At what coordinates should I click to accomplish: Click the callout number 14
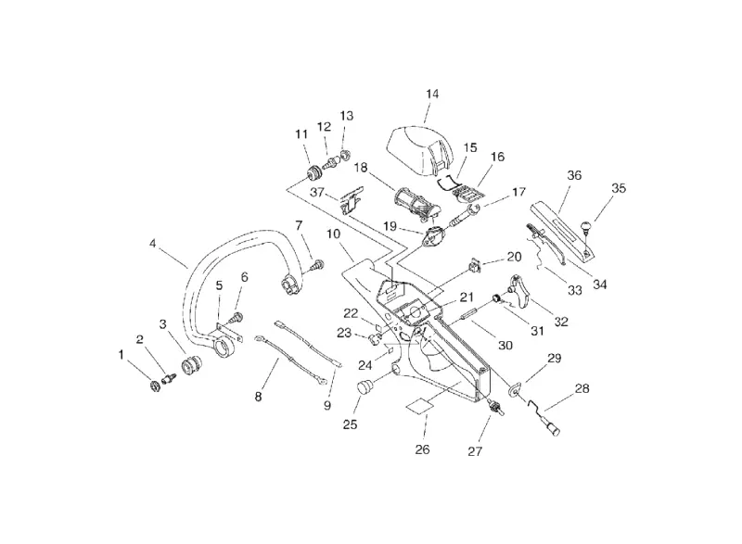[432, 94]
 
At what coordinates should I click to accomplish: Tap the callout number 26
[422, 449]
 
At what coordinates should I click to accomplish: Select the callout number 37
[317, 193]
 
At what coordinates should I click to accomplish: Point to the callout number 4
[152, 244]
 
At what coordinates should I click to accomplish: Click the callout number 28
[582, 388]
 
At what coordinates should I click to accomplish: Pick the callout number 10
[333, 234]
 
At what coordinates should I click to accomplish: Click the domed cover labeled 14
[421, 149]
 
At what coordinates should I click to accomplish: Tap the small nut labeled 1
[154, 386]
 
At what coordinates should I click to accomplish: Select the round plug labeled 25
[364, 387]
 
